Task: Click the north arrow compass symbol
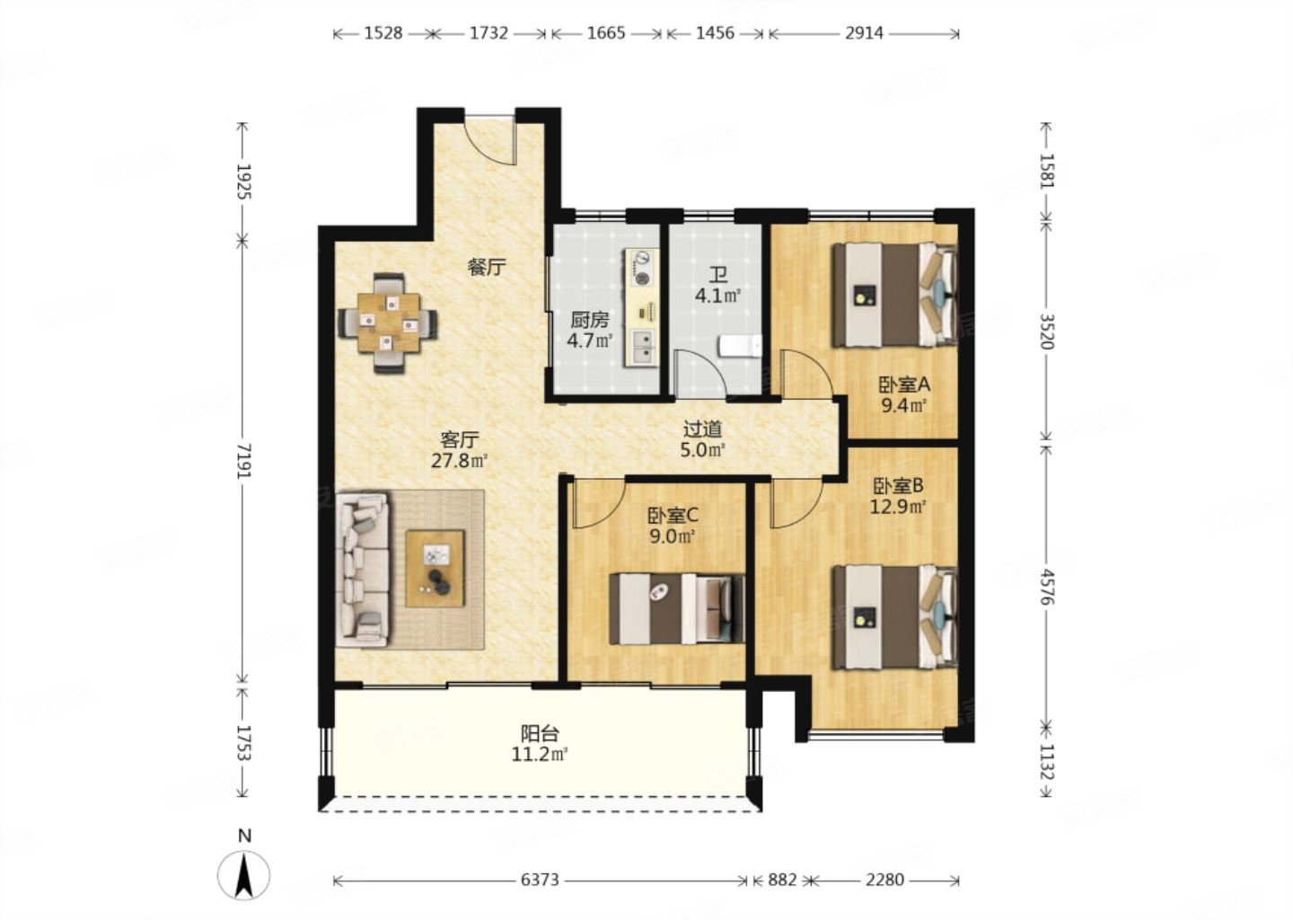[243, 875]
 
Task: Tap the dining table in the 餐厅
[388, 323]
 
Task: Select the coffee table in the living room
[435, 569]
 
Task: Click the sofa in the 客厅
[362, 569]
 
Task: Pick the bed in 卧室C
[676, 609]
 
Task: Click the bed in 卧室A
[894, 295]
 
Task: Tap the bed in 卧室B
[894, 617]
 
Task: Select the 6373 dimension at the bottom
[541, 880]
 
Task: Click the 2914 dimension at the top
[864, 33]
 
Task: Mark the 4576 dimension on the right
[1046, 587]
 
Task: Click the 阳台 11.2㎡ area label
[540, 745]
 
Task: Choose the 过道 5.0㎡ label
[702, 439]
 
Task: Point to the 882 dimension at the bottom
[782, 880]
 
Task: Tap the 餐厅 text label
[487, 268]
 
